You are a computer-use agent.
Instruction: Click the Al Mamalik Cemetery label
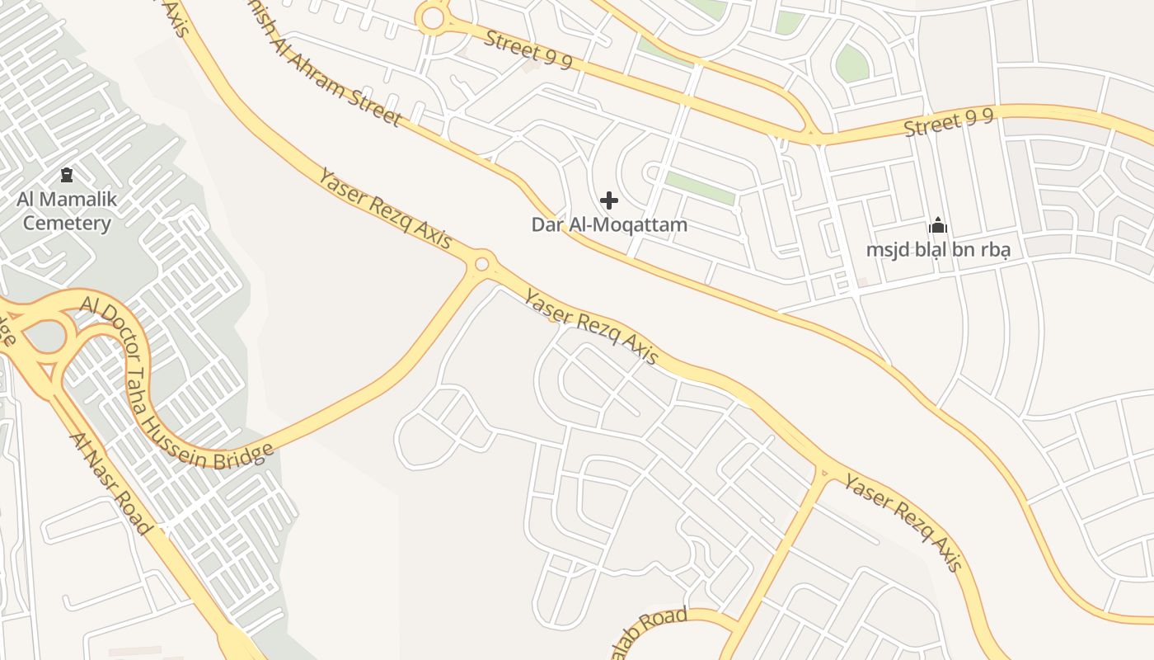(x=67, y=211)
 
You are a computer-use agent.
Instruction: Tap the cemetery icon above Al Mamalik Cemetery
(x=67, y=175)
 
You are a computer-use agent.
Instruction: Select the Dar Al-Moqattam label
(x=609, y=224)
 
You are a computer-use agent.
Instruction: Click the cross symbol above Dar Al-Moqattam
(x=609, y=200)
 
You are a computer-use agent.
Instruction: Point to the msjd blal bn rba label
(x=938, y=249)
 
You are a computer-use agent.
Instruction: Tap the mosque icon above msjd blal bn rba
(x=938, y=225)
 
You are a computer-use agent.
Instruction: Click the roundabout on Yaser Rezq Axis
(x=482, y=265)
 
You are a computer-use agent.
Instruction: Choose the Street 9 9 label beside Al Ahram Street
(x=528, y=49)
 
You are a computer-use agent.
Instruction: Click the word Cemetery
(x=67, y=223)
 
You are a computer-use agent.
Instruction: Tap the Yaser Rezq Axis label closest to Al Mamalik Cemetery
(x=385, y=208)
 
